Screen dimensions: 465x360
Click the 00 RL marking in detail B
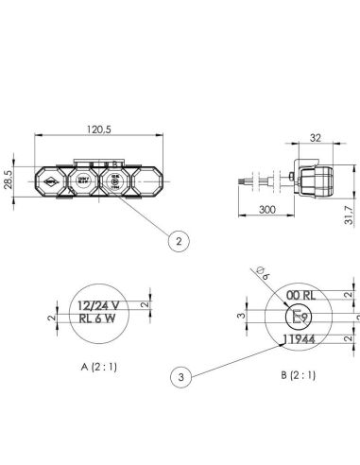coord(299,296)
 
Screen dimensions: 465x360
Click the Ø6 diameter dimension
coord(261,276)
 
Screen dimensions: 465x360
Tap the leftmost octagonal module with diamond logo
coord(49,179)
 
